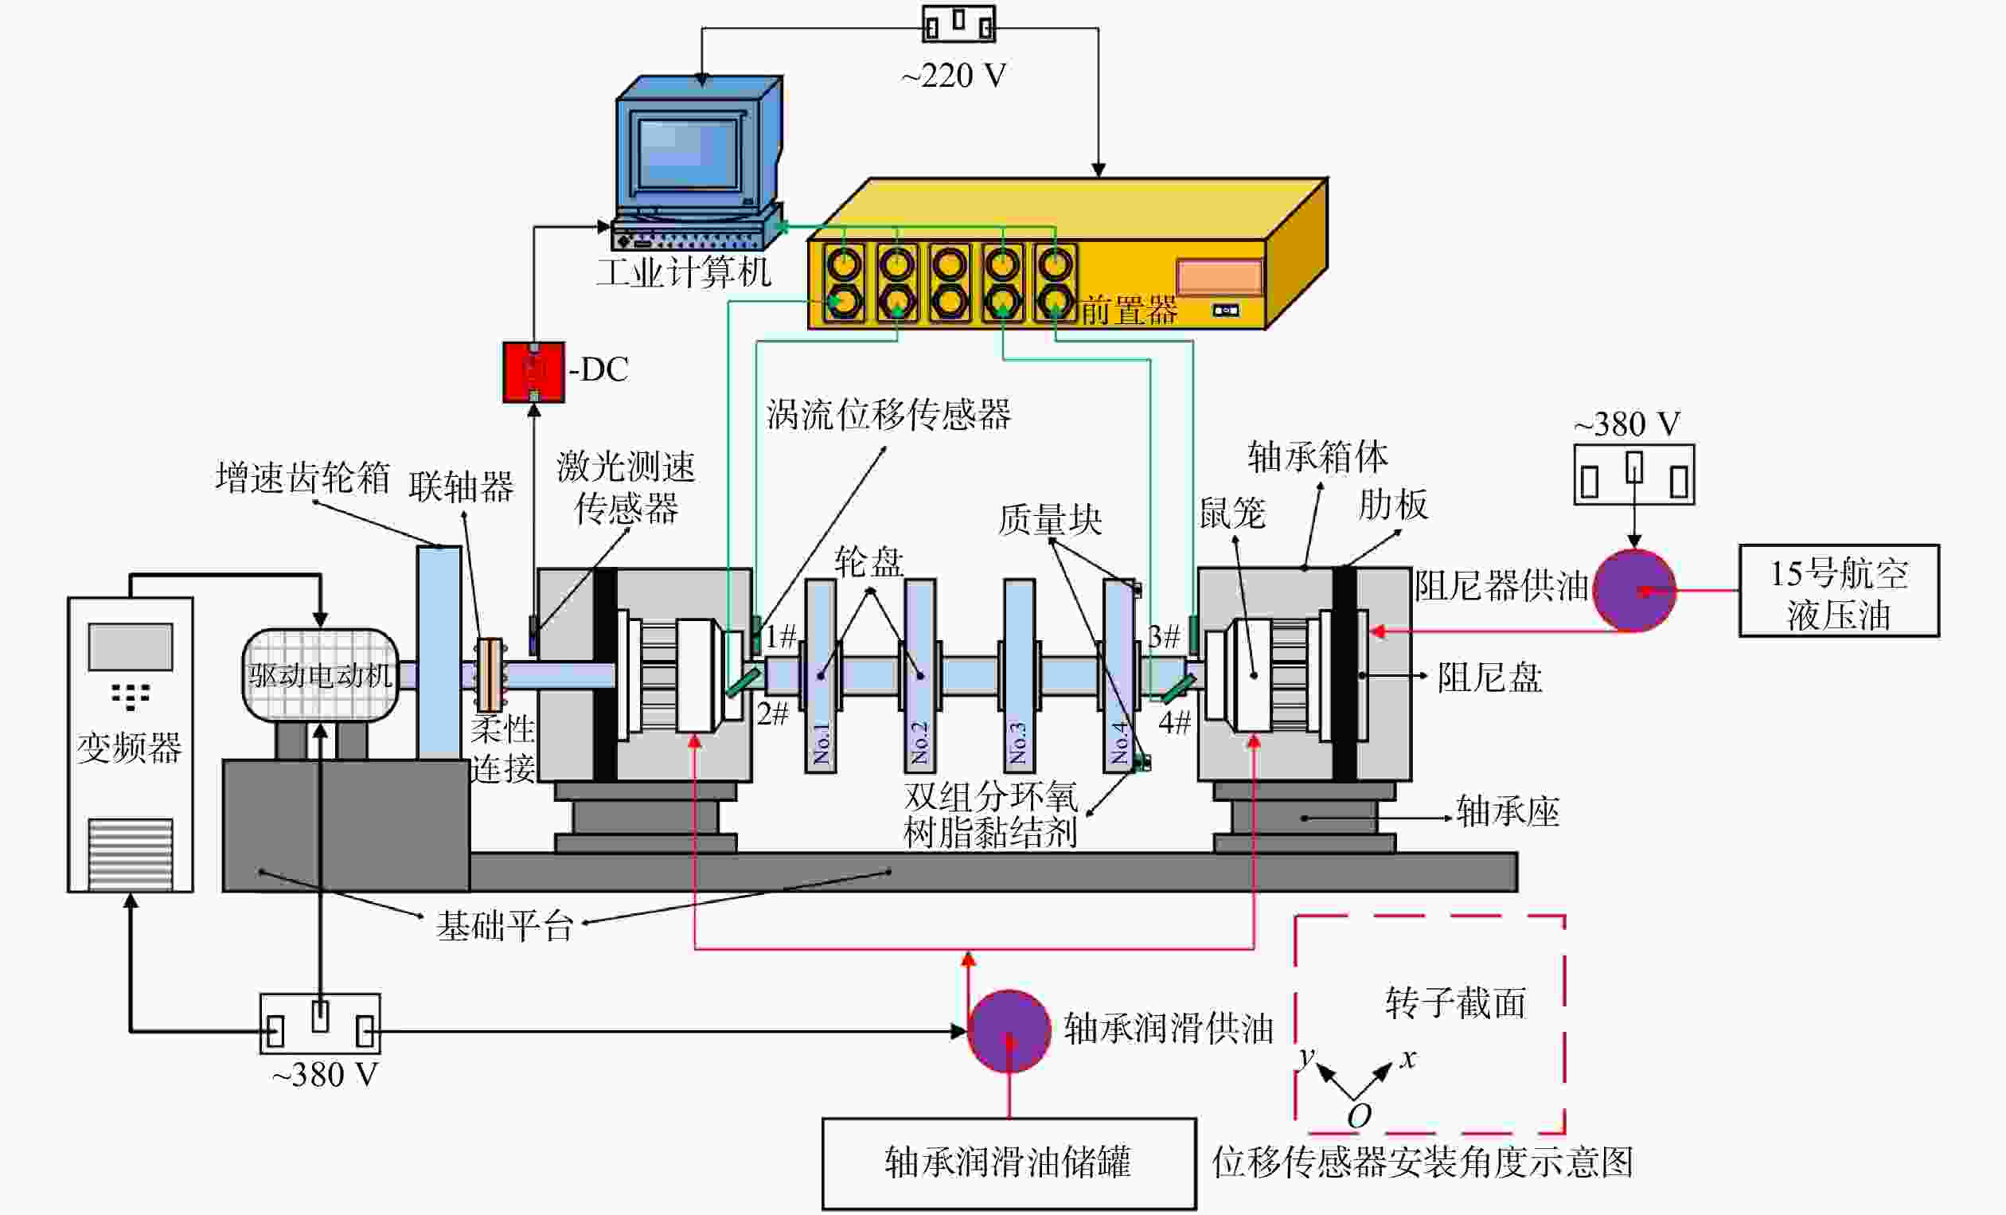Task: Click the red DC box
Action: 533,372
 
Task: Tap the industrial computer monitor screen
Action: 688,152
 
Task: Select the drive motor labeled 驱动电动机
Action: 320,674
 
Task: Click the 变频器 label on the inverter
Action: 130,747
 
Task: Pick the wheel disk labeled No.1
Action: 821,675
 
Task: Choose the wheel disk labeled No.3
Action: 1019,675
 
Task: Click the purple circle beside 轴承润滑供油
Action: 1009,1030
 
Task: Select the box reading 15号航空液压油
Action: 1839,591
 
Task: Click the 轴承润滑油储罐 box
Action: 1009,1164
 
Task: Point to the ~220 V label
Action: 954,76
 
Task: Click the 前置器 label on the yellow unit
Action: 1130,311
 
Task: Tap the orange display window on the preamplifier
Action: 1219,277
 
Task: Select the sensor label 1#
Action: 780,635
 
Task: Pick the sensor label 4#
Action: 1175,721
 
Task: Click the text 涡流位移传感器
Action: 888,414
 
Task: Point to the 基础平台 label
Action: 505,926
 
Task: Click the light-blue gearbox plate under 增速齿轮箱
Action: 439,652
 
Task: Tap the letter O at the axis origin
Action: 1359,1115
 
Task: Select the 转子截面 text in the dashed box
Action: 1456,1002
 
